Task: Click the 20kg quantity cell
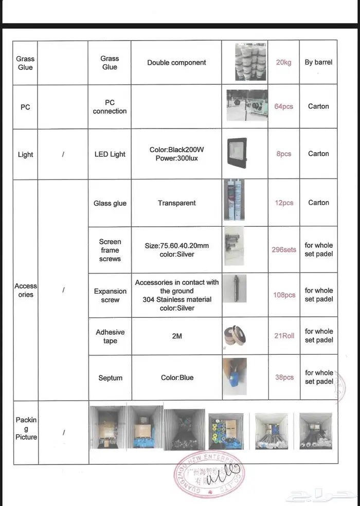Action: [283, 63]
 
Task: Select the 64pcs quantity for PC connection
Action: [283, 106]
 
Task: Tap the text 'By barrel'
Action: [318, 62]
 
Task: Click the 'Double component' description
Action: [176, 63]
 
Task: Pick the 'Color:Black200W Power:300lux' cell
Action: [176, 154]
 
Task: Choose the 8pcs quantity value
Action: [283, 154]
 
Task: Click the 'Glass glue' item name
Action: [110, 203]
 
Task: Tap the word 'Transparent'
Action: [176, 203]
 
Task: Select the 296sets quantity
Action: [284, 250]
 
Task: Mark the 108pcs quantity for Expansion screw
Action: [284, 295]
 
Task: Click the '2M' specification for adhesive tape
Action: [176, 336]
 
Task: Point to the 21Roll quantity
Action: [284, 336]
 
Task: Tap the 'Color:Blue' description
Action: [177, 377]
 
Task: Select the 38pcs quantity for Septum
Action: [284, 377]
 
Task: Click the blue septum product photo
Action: [235, 377]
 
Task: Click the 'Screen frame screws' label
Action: [110, 250]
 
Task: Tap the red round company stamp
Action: [208, 476]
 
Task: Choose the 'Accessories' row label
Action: [25, 290]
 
